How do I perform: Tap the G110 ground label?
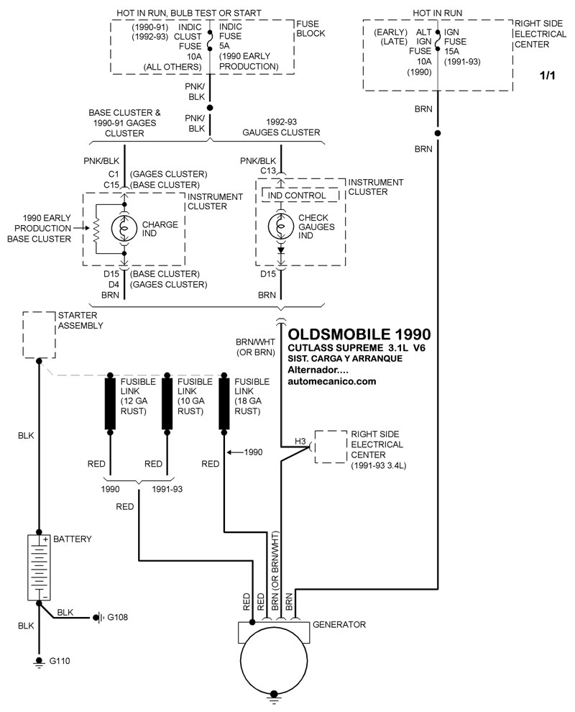pos(60,660)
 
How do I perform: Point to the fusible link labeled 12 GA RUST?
pos(111,403)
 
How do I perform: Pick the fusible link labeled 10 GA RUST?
pos(167,403)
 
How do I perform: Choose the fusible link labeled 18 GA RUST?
pos(224,403)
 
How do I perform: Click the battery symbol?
pos(39,567)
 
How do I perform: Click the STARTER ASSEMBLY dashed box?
pos(40,334)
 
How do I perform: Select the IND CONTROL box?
pos(297,196)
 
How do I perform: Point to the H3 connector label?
pos(300,440)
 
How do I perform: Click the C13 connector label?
pos(267,170)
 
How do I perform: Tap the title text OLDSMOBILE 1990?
pos(359,334)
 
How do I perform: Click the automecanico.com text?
pos(332,382)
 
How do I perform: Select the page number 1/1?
pos(548,76)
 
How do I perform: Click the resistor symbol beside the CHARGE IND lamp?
pos(95,229)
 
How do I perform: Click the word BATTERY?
pos(72,539)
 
